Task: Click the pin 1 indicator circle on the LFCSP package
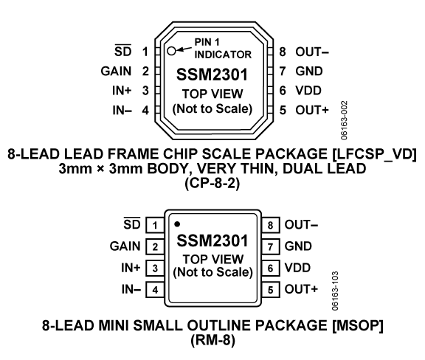click(x=171, y=51)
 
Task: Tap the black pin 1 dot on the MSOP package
click(x=177, y=224)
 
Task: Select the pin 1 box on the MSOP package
click(x=155, y=225)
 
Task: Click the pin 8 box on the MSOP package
click(x=270, y=225)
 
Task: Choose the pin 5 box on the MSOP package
click(x=270, y=290)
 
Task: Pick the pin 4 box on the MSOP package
click(x=155, y=290)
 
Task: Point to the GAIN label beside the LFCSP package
click(x=116, y=72)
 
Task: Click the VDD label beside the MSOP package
click(x=297, y=268)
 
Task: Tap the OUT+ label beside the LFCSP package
click(x=312, y=110)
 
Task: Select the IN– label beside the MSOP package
click(x=131, y=289)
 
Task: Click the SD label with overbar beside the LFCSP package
click(x=122, y=51)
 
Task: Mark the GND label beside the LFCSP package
click(x=309, y=72)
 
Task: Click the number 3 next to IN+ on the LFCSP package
click(x=145, y=91)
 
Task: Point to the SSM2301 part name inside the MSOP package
click(x=212, y=240)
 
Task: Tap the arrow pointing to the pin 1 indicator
click(x=184, y=49)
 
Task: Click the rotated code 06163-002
click(x=344, y=120)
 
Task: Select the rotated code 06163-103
click(x=335, y=291)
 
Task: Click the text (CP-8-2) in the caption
click(x=212, y=184)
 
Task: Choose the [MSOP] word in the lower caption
click(x=358, y=325)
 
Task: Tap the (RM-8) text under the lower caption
click(x=212, y=340)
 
